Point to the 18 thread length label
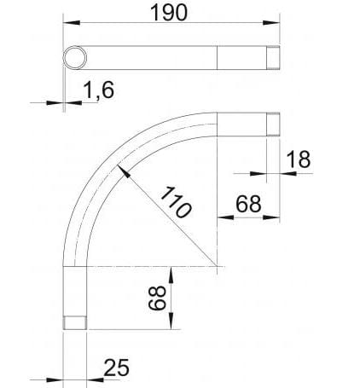coord(298,159)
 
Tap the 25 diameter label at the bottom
coord(117,368)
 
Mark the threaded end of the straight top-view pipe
coord(272,57)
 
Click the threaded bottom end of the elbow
coord(76,323)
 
